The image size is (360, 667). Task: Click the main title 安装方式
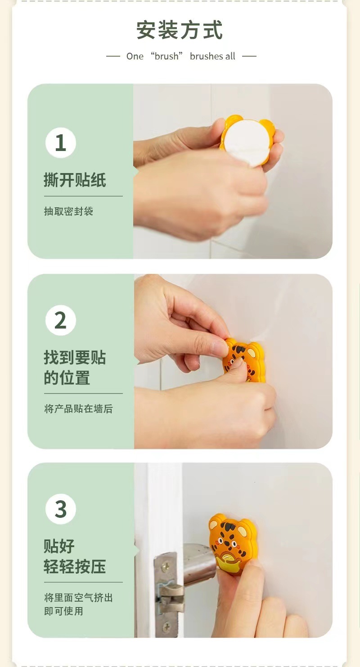(x=180, y=30)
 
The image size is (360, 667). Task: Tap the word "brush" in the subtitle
(x=166, y=56)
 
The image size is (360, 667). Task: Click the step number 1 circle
(x=61, y=142)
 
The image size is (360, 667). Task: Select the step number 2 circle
(x=61, y=320)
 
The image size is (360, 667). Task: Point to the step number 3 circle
(x=61, y=509)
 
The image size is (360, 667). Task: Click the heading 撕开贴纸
(x=75, y=180)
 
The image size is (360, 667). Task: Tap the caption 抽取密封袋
(x=68, y=211)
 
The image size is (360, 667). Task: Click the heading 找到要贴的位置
(x=75, y=367)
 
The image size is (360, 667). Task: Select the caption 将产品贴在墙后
(x=78, y=408)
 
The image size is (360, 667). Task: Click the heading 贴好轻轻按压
(x=75, y=556)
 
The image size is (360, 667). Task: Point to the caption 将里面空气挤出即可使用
(x=78, y=604)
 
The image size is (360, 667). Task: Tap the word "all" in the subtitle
(x=230, y=56)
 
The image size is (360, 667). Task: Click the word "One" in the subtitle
(x=135, y=56)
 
